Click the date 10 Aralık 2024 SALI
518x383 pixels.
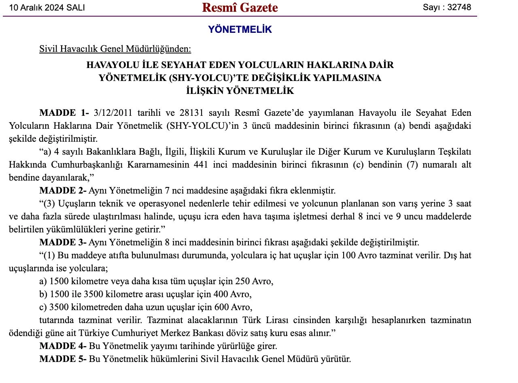click(x=47, y=8)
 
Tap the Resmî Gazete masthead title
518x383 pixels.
click(x=240, y=7)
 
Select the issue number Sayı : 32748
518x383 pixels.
click(x=447, y=7)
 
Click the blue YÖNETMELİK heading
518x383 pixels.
click(x=240, y=30)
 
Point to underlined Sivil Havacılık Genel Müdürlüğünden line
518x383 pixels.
click(x=115, y=49)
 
